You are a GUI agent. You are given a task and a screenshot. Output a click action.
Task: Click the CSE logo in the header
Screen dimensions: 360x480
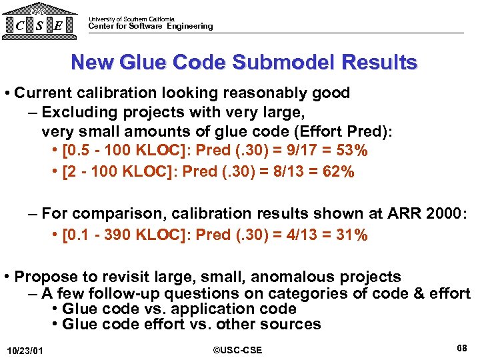pyautogui.click(x=39, y=22)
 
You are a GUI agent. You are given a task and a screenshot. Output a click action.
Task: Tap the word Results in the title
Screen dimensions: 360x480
pyautogui.click(x=380, y=63)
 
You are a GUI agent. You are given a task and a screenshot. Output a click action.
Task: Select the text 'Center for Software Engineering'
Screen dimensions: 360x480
pyautogui.click(x=151, y=27)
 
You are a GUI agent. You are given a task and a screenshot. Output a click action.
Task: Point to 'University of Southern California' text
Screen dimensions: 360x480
pyautogui.click(x=131, y=19)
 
